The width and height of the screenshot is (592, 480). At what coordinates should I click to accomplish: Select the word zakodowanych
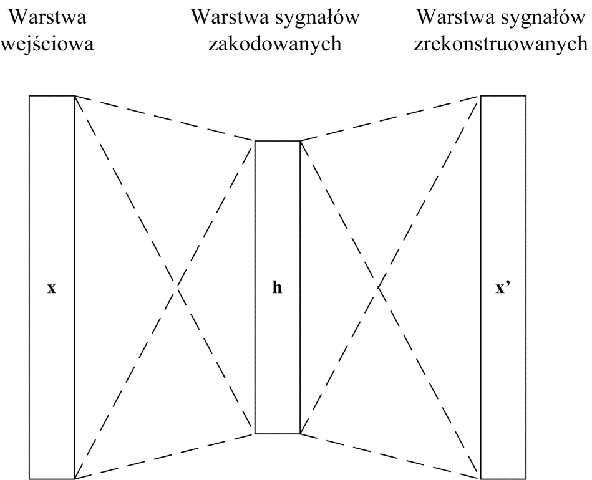pyautogui.click(x=278, y=47)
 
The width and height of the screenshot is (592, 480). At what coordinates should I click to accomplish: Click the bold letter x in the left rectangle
pyautogui.click(x=52, y=289)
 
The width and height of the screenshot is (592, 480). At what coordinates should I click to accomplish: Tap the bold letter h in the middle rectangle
pyautogui.click(x=278, y=289)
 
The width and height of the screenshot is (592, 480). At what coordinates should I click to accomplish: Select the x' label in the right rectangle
pyautogui.click(x=503, y=289)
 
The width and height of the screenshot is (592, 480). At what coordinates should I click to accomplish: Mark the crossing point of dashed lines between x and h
pyautogui.click(x=178, y=287)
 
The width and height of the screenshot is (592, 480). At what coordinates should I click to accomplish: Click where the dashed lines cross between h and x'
pyautogui.click(x=377, y=287)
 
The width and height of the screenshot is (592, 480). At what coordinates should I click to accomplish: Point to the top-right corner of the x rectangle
pyautogui.click(x=74, y=96)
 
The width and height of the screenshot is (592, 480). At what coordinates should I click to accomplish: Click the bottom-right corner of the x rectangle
pyautogui.click(x=74, y=478)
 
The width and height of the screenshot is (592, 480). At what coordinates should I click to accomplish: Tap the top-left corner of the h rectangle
pyautogui.click(x=255, y=142)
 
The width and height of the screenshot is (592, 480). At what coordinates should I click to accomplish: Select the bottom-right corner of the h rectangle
pyautogui.click(x=300, y=433)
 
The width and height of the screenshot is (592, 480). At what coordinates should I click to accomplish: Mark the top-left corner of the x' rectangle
pyautogui.click(x=480, y=96)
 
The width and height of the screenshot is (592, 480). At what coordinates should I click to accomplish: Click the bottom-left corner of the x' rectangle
pyautogui.click(x=480, y=478)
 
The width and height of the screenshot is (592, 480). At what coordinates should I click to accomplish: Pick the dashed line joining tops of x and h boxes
pyautogui.click(x=165, y=118)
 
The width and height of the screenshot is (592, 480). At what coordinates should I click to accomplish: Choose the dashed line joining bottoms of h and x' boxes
pyautogui.click(x=390, y=456)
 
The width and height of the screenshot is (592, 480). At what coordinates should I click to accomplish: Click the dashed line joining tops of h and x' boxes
pyautogui.click(x=390, y=118)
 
